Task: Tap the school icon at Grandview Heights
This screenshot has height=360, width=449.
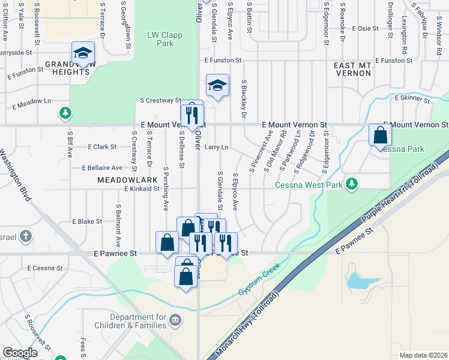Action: (x=83, y=52)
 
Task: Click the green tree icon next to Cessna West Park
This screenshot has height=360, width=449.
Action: (x=354, y=184)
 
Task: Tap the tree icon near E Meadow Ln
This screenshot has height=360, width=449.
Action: (x=65, y=112)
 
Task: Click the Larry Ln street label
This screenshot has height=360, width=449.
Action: (x=217, y=147)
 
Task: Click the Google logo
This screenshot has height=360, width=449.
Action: (x=20, y=352)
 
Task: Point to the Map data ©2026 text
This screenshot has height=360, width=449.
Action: (x=423, y=355)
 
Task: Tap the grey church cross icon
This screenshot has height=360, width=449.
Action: (x=25, y=236)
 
